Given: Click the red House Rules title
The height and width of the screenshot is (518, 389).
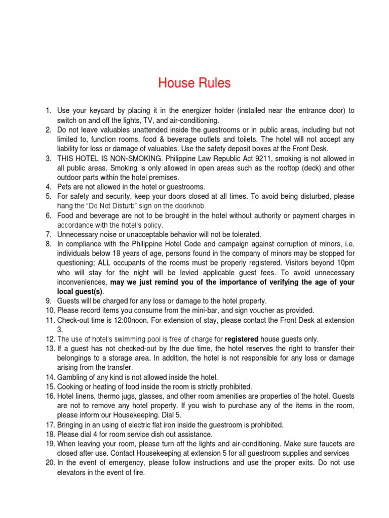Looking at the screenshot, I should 194,83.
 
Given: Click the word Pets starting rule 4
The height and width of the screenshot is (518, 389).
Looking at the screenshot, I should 65,187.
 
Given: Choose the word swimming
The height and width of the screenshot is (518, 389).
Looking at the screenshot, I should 127,339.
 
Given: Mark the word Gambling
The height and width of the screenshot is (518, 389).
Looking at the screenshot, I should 73,377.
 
